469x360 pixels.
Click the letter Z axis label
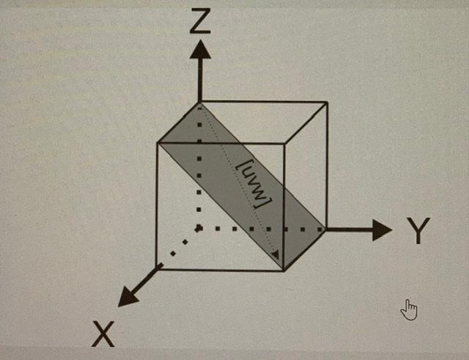click(200, 22)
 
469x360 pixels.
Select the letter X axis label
click(105, 334)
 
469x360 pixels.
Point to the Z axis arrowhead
click(199, 50)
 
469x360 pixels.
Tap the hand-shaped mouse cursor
click(409, 310)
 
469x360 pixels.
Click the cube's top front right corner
click(285, 144)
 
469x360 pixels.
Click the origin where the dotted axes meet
click(199, 229)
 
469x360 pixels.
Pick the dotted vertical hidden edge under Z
click(199, 183)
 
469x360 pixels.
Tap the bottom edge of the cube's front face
click(220, 269)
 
